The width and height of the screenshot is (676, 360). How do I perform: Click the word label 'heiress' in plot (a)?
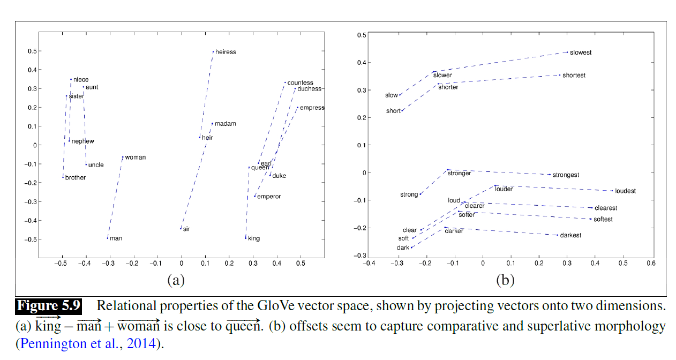point(226,52)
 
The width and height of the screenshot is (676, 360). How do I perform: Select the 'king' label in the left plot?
point(254,238)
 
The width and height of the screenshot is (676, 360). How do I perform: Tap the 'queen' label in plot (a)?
point(260,168)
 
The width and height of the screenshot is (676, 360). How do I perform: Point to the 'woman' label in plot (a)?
point(136,157)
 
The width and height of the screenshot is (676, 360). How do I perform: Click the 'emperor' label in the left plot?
point(269,197)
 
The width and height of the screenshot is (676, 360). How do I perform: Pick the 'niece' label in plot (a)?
point(81,80)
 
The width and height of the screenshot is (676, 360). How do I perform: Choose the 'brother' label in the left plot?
point(76,177)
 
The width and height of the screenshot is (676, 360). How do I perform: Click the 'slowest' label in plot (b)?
point(581,52)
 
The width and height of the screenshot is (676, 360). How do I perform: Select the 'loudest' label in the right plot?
point(626,191)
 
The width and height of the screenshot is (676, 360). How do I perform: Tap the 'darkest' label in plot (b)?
point(570,235)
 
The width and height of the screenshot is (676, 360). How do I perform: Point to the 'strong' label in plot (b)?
point(409,194)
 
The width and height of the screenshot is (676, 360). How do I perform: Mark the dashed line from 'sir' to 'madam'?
point(196,177)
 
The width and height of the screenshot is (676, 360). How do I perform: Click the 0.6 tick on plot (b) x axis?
point(651,264)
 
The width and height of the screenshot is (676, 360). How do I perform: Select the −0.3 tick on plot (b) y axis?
point(358,256)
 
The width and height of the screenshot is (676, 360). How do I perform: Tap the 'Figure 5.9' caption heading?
point(49,306)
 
